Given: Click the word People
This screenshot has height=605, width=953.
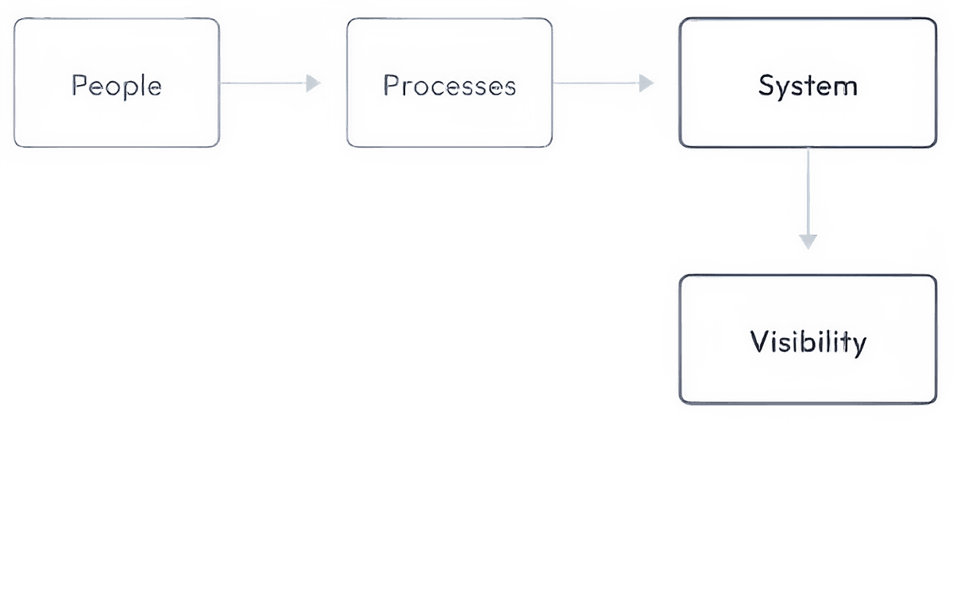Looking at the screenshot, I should (x=117, y=86).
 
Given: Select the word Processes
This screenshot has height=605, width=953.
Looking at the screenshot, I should (x=449, y=86).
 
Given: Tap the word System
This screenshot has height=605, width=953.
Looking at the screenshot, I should (x=808, y=86).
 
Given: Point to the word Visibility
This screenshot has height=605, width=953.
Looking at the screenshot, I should (x=808, y=343).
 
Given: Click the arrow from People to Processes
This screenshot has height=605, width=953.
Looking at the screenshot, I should (x=270, y=83).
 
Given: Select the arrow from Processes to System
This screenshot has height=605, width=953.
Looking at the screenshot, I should (x=604, y=83).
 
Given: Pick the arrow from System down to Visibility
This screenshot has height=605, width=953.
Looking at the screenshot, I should (x=808, y=198).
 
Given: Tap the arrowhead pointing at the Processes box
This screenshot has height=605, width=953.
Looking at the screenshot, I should (x=313, y=83).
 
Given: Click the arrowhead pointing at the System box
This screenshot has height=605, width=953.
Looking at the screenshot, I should (x=646, y=83).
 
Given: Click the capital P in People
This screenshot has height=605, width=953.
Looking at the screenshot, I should (x=79, y=85).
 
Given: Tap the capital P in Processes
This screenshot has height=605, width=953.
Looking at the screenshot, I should (x=391, y=85).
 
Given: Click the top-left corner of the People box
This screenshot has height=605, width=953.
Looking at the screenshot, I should (x=16, y=18).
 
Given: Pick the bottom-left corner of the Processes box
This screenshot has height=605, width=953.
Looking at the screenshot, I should (x=346, y=148).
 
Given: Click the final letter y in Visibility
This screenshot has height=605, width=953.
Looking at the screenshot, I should (x=858, y=347).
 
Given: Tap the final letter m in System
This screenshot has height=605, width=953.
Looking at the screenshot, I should (x=847, y=87).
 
